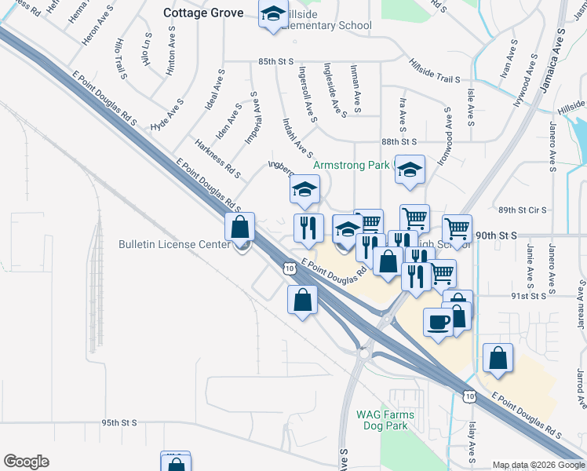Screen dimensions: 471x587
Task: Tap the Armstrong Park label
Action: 352,166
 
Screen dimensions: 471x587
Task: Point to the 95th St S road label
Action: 118,422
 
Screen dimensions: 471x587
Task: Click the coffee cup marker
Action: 438,320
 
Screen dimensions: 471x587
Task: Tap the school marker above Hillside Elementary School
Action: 273,16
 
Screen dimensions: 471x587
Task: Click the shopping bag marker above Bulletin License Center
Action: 240,228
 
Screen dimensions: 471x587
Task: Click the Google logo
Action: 26,462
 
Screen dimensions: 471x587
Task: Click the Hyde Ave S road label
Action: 167,115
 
